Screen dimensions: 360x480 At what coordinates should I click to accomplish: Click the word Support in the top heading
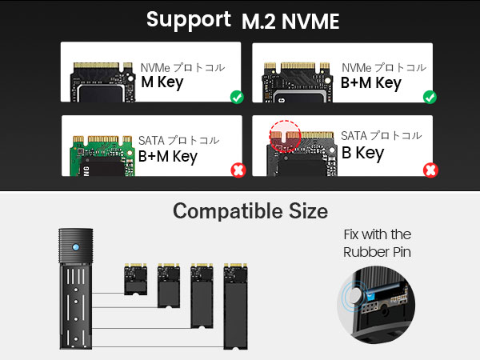click(x=189, y=20)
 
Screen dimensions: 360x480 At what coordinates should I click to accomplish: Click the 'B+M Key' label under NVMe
click(x=371, y=82)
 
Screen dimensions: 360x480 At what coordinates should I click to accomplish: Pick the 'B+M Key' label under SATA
click(x=167, y=155)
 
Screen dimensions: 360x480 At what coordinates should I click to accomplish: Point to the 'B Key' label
click(x=362, y=152)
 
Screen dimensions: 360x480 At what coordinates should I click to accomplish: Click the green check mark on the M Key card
click(x=237, y=98)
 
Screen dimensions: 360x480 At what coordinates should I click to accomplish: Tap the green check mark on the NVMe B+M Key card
click(x=430, y=98)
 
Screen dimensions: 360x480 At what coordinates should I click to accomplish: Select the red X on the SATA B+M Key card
click(x=237, y=170)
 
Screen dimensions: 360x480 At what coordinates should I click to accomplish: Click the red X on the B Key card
click(x=430, y=170)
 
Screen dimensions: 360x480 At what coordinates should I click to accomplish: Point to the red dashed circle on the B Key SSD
click(x=284, y=135)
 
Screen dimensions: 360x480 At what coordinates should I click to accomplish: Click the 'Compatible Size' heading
click(x=250, y=212)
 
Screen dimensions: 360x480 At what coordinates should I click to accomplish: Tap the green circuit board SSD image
click(x=99, y=151)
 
